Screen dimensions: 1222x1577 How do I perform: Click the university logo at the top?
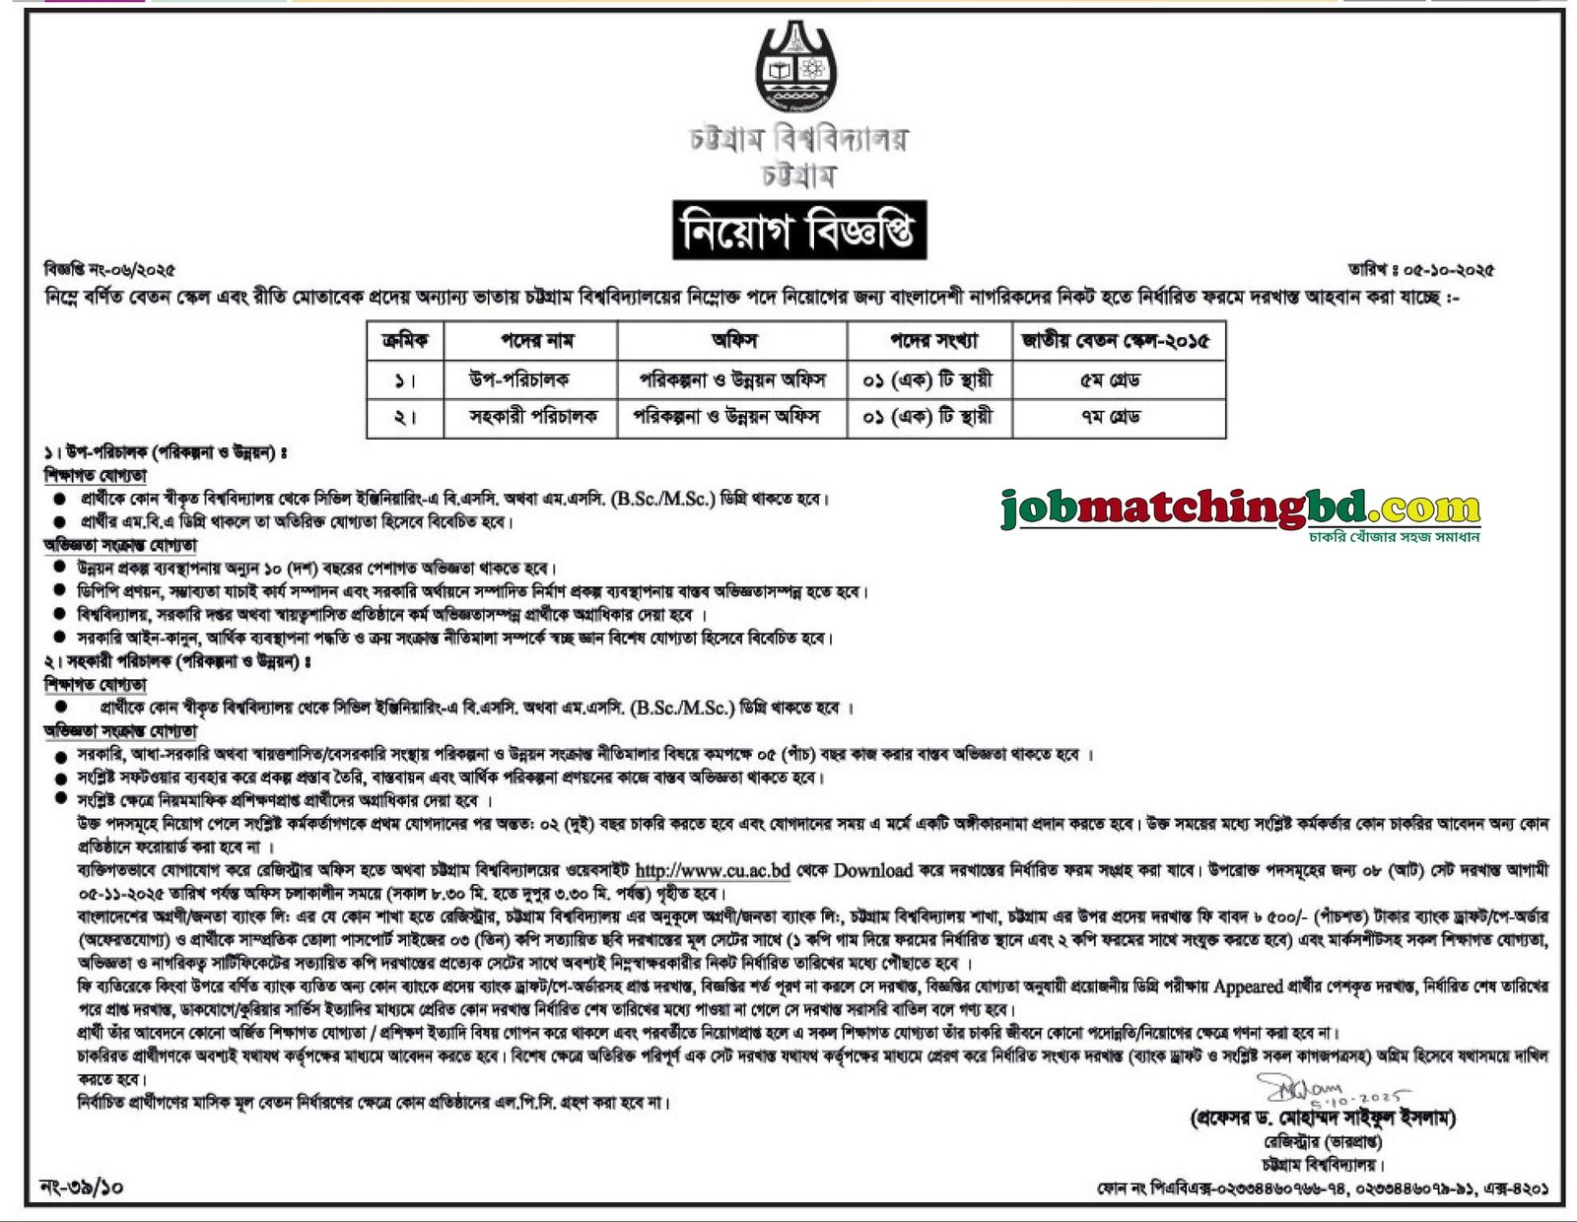tap(795, 68)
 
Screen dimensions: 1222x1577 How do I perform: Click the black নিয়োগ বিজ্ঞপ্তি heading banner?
tap(798, 231)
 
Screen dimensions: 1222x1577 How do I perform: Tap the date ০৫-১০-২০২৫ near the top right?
tap(1441, 269)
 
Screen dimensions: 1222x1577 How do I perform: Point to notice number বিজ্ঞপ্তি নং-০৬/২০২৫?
tap(109, 269)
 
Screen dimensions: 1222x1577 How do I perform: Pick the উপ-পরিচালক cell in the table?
tap(519, 379)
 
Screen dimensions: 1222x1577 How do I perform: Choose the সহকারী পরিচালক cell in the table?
tap(533, 417)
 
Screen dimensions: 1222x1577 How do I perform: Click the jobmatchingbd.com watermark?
tap(1240, 509)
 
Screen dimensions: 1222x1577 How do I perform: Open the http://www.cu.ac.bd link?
tap(712, 871)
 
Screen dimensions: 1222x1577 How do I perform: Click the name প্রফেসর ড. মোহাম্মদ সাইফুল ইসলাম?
tap(1323, 1119)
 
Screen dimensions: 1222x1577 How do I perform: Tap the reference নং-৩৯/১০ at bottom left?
tap(82, 1188)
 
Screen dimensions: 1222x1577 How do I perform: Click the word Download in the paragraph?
tap(872, 871)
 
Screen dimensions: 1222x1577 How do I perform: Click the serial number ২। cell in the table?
tap(405, 417)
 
